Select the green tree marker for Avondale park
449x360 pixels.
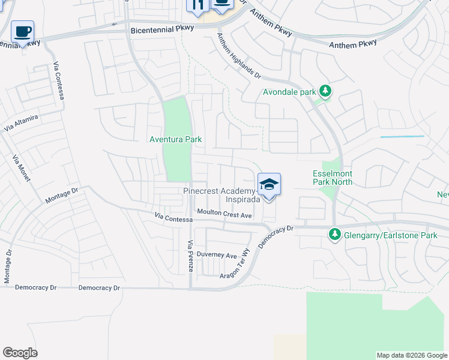(x=325, y=91)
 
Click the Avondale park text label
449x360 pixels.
(x=289, y=92)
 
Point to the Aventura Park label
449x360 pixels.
(x=175, y=140)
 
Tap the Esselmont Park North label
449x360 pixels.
(x=333, y=178)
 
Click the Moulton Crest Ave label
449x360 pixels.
(x=224, y=214)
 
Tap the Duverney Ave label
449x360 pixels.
(x=221, y=255)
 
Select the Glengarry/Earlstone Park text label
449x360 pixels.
(x=390, y=235)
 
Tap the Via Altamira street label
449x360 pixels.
(x=21, y=124)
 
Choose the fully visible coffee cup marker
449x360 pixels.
(x=22, y=32)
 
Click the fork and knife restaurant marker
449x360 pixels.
(x=197, y=5)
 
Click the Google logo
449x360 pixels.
(x=20, y=353)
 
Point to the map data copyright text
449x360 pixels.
(x=412, y=355)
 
